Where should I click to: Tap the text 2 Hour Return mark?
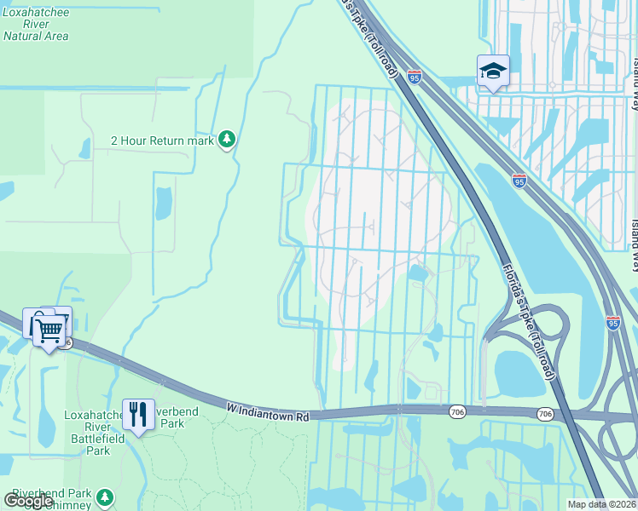click(162, 141)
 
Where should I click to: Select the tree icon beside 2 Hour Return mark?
click(226, 139)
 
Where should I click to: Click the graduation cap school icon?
click(493, 71)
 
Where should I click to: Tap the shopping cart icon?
click(50, 329)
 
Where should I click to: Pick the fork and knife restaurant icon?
click(138, 415)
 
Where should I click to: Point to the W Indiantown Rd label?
click(267, 411)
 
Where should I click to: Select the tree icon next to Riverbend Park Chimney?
click(105, 497)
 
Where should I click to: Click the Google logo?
click(29, 500)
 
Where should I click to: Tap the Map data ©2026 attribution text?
click(600, 504)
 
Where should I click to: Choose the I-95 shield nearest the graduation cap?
click(414, 78)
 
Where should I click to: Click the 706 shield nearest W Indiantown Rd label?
click(458, 411)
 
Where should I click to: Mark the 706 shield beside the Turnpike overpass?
click(545, 413)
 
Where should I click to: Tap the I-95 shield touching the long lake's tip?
click(519, 181)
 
